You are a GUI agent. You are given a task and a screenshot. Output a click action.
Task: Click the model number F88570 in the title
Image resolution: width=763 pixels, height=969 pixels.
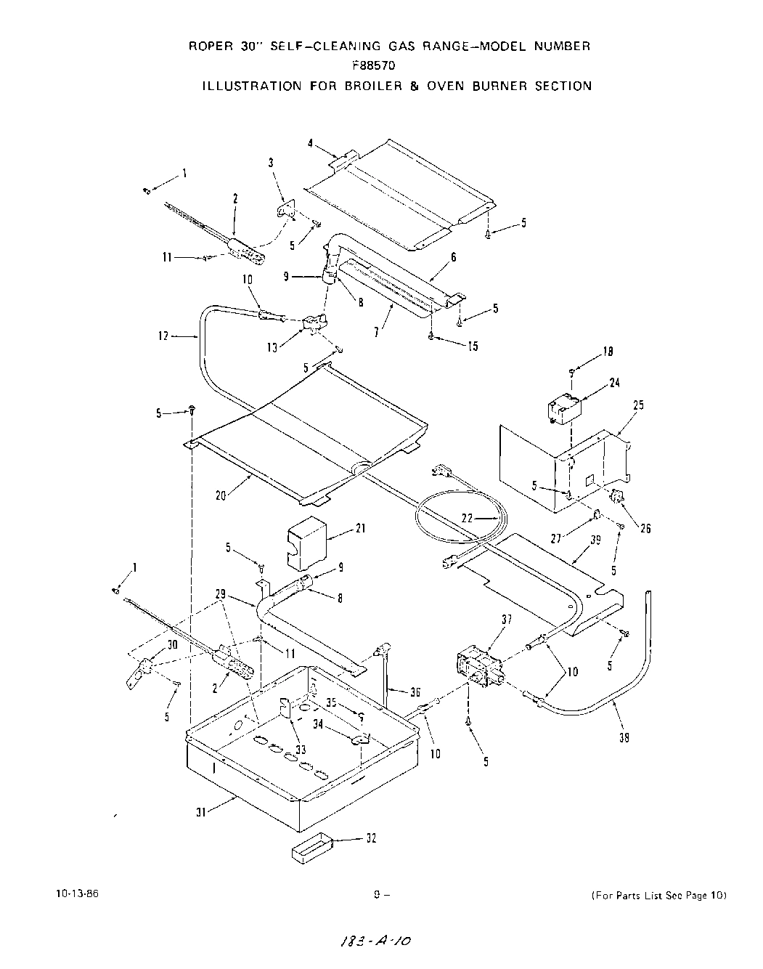[375, 65]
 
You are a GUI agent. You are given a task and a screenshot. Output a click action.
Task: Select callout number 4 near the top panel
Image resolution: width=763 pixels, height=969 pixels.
[310, 144]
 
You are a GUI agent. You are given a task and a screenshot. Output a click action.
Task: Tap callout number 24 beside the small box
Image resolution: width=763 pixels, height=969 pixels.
[614, 383]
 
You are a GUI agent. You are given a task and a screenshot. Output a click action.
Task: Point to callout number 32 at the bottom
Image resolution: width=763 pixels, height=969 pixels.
[371, 838]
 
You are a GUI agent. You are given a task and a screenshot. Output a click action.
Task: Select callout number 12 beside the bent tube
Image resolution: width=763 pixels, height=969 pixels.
[162, 336]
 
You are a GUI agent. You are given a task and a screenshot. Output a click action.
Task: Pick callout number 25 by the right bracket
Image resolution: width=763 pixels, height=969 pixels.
[637, 405]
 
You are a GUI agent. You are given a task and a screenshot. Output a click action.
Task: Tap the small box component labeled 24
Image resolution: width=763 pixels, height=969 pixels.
[563, 409]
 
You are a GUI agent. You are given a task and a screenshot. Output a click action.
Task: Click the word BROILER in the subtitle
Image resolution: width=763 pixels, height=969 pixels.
[343, 86]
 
